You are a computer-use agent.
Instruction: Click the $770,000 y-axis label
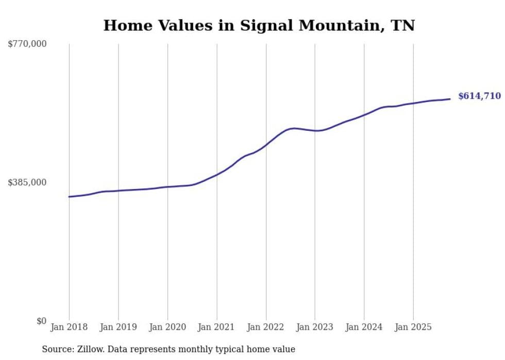[27, 44]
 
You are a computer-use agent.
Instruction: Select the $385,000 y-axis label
[27, 182]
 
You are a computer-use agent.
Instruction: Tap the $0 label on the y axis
[41, 321]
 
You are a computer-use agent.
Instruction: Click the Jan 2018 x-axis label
[69, 327]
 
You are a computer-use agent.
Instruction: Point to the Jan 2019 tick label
[118, 327]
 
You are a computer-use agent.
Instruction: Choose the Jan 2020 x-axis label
[167, 327]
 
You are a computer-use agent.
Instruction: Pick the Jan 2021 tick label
[216, 327]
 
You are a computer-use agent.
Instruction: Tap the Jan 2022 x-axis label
[266, 327]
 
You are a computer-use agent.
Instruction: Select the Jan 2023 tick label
[315, 327]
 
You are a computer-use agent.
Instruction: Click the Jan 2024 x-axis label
[364, 327]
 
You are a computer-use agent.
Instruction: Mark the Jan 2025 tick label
[413, 327]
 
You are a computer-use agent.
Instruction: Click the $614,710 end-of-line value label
[479, 96]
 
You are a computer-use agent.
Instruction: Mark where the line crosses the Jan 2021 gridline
[217, 174]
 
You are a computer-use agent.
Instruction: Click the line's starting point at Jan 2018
[69, 197]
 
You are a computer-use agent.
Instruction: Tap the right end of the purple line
[450, 99]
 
